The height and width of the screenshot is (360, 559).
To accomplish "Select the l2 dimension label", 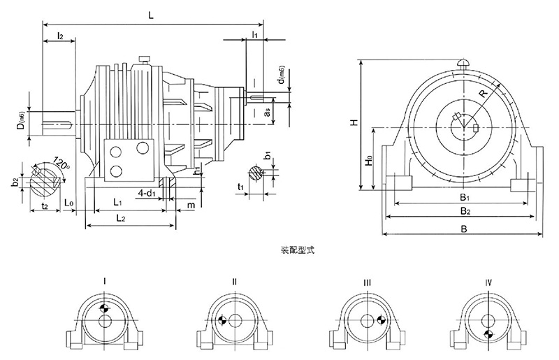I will click(60, 36).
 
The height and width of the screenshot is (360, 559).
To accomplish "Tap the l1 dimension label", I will click(255, 33).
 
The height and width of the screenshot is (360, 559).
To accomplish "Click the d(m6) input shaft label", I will click(280, 82).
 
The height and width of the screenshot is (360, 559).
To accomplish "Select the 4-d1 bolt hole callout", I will click(147, 192).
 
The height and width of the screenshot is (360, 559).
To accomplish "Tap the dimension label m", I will click(191, 204).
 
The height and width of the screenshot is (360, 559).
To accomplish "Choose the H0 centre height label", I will click(369, 161).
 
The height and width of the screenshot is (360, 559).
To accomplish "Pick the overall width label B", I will click(462, 229).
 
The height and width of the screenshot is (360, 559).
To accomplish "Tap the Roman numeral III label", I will click(366, 281).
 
